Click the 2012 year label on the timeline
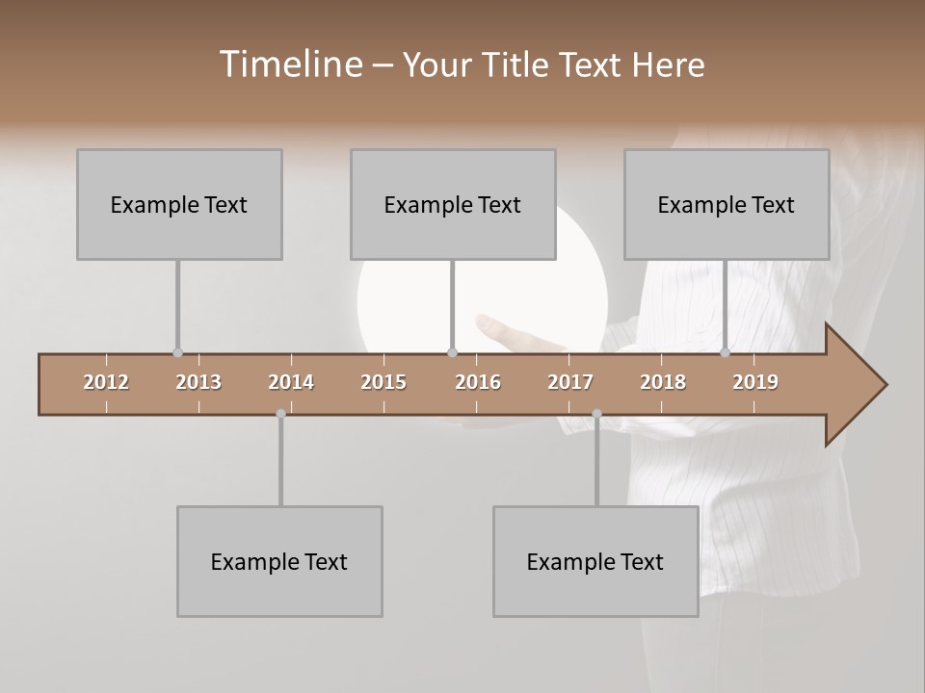[106, 382]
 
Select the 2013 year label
[198, 382]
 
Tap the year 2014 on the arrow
[291, 382]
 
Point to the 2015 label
[383, 382]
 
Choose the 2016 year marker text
[478, 382]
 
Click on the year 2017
[570, 382]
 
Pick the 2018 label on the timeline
[663, 382]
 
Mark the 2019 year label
[755, 382]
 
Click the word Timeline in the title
[290, 64]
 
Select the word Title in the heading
[517, 64]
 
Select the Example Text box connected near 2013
[179, 204]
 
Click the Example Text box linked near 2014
[279, 561]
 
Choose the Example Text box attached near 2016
[453, 204]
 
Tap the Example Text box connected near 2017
[595, 561]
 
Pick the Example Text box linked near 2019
[727, 204]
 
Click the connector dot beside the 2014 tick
[280, 414]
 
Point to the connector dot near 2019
[725, 352]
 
